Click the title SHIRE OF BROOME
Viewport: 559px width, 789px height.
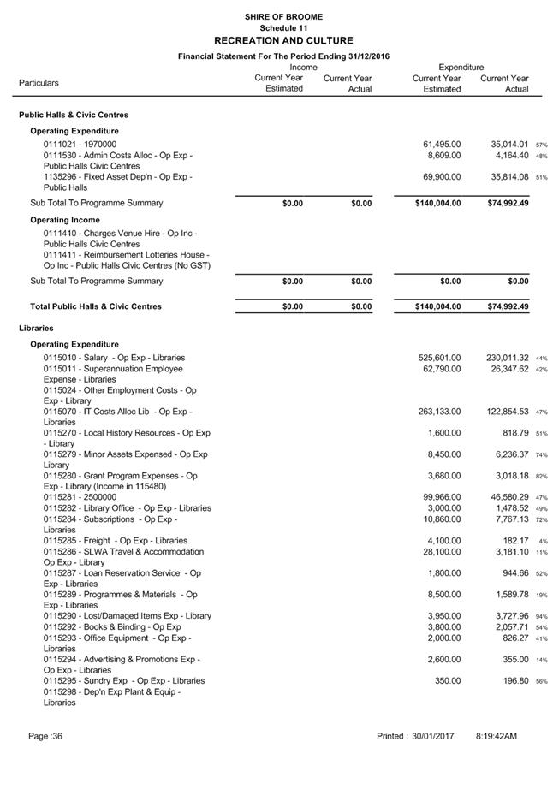(x=282, y=17)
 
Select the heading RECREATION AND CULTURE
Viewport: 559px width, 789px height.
(x=282, y=40)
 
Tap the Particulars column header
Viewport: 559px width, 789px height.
(x=39, y=83)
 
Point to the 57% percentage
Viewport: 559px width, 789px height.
(x=541, y=145)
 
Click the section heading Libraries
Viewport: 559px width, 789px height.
(x=37, y=328)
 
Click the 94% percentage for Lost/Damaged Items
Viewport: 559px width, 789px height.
(x=541, y=616)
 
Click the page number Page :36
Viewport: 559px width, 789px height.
(x=45, y=736)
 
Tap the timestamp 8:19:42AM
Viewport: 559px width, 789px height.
(x=497, y=736)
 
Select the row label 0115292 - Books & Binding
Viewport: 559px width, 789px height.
(x=112, y=626)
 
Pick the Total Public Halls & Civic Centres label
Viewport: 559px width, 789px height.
(x=95, y=306)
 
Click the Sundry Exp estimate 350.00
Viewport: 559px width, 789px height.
(x=448, y=680)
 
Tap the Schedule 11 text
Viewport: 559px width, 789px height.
(x=283, y=28)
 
